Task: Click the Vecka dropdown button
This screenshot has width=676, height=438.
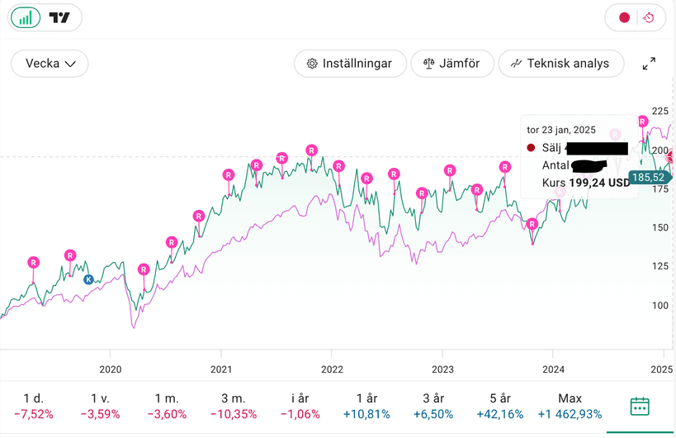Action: point(50,64)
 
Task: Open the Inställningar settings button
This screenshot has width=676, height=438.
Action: point(351,64)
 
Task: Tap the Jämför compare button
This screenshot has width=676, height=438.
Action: point(452,64)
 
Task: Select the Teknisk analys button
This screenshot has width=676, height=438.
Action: point(560,64)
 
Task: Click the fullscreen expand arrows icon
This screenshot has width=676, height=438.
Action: point(649,64)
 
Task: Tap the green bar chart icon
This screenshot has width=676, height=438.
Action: point(26,17)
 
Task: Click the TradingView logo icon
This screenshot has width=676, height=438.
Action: point(59,17)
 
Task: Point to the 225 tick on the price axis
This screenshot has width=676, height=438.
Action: point(660,111)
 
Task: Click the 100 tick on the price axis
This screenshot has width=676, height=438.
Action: point(660,305)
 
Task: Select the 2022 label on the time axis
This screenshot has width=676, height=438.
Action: point(331,369)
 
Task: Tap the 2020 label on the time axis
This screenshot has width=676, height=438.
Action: point(110,369)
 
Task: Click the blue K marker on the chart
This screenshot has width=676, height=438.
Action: point(88,280)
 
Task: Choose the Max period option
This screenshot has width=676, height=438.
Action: point(570,406)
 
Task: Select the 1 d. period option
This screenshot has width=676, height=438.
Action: point(33,406)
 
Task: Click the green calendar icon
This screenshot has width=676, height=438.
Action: point(640,407)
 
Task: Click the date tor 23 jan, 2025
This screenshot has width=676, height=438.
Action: point(560,130)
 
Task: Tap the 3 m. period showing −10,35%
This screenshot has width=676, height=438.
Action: point(233,406)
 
